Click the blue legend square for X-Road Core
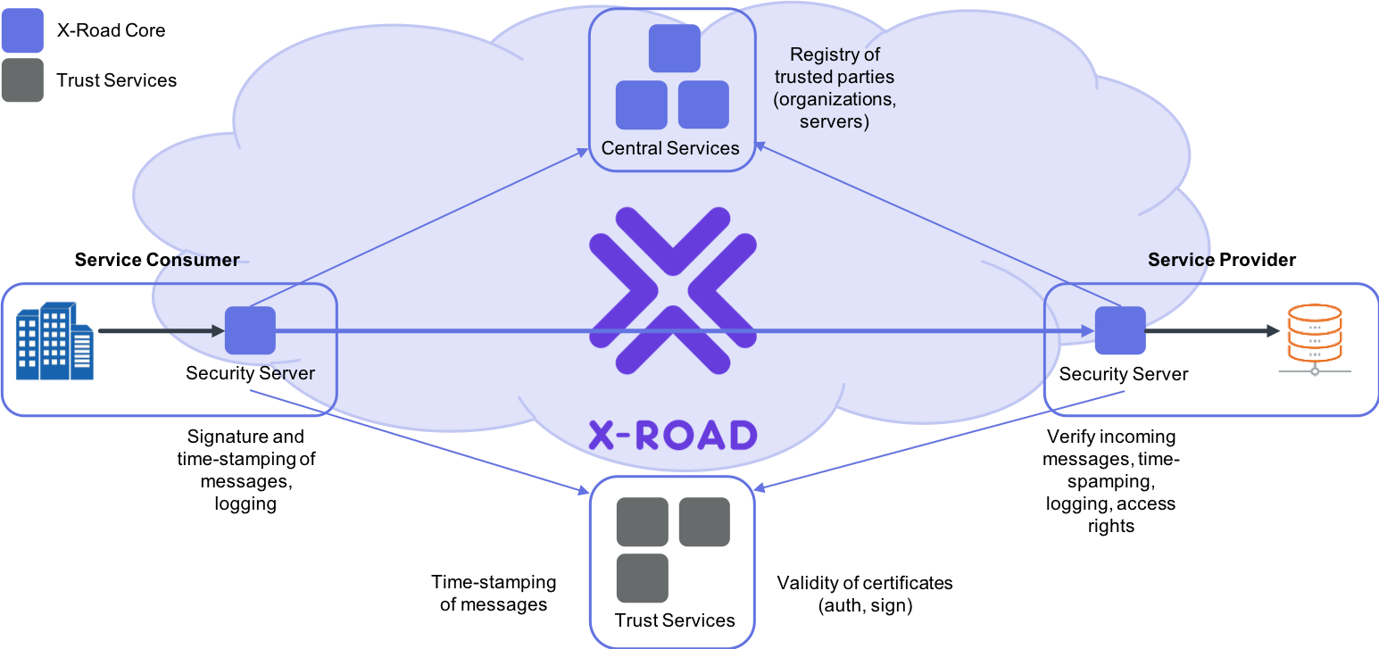23,30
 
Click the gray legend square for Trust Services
23,80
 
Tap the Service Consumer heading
157,260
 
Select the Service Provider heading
1221,260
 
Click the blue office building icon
54,340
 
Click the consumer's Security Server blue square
250,330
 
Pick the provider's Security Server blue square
1120,330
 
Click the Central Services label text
670,148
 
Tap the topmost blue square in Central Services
675,48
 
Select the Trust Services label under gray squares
675,620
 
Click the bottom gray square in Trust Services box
642,578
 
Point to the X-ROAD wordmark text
673,436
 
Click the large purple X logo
673,291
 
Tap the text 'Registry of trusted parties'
835,65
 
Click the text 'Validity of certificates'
865,583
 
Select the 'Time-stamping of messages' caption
494,593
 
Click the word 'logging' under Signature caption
245,503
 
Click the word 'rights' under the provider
1111,526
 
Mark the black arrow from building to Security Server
162,330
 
